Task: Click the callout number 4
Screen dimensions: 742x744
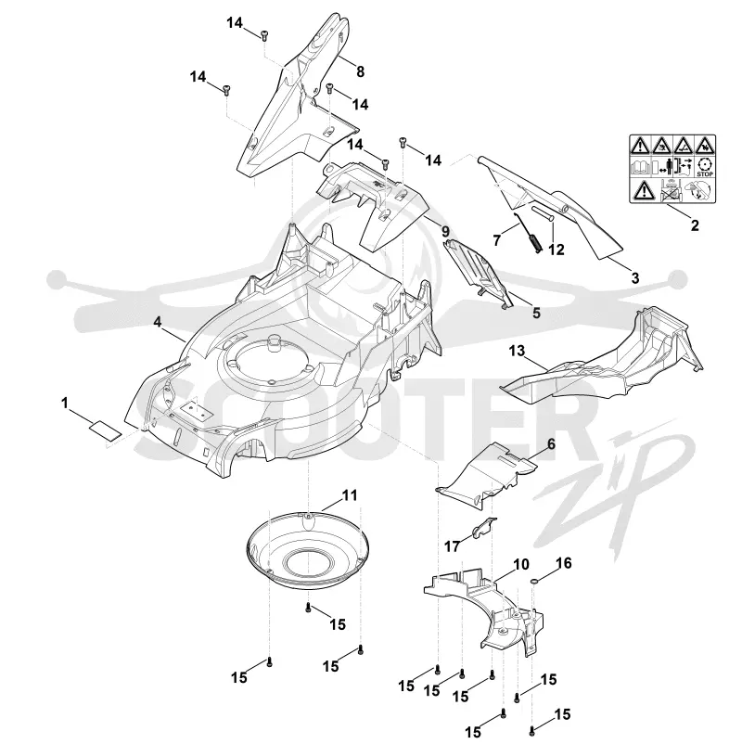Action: pyautogui.click(x=157, y=322)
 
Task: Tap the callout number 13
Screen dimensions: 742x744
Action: pyautogui.click(x=517, y=351)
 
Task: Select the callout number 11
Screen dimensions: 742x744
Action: pyautogui.click(x=349, y=495)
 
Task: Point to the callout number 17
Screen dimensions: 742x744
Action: pyautogui.click(x=452, y=546)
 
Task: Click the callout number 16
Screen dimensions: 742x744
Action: pyautogui.click(x=563, y=563)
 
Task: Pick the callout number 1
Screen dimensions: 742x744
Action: pyautogui.click(x=65, y=404)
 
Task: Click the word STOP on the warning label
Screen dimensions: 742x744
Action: pyautogui.click(x=705, y=174)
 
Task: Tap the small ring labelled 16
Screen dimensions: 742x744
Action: pyautogui.click(x=534, y=580)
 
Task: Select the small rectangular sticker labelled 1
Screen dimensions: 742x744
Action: pyautogui.click(x=105, y=430)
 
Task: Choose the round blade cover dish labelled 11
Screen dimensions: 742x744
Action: pyautogui.click(x=307, y=551)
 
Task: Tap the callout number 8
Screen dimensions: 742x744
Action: pyautogui.click(x=360, y=71)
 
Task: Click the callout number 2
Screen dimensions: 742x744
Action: pyautogui.click(x=695, y=225)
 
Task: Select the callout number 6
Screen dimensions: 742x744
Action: pyautogui.click(x=551, y=444)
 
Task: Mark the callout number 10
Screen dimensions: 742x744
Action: pyautogui.click(x=520, y=565)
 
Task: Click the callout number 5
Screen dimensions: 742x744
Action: pyautogui.click(x=536, y=313)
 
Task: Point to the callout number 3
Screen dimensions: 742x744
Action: pyautogui.click(x=635, y=277)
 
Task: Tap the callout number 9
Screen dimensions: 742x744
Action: pyautogui.click(x=445, y=232)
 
